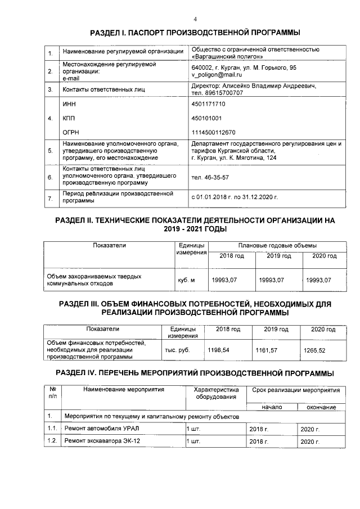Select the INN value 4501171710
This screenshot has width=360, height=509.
click(209, 105)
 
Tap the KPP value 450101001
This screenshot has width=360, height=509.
click(206, 118)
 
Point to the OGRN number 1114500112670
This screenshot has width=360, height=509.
click(213, 132)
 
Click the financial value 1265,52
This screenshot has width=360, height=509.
click(314, 350)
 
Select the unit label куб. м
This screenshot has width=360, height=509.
click(185, 280)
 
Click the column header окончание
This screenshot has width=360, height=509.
click(321, 407)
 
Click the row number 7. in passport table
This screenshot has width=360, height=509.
click(50, 199)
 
